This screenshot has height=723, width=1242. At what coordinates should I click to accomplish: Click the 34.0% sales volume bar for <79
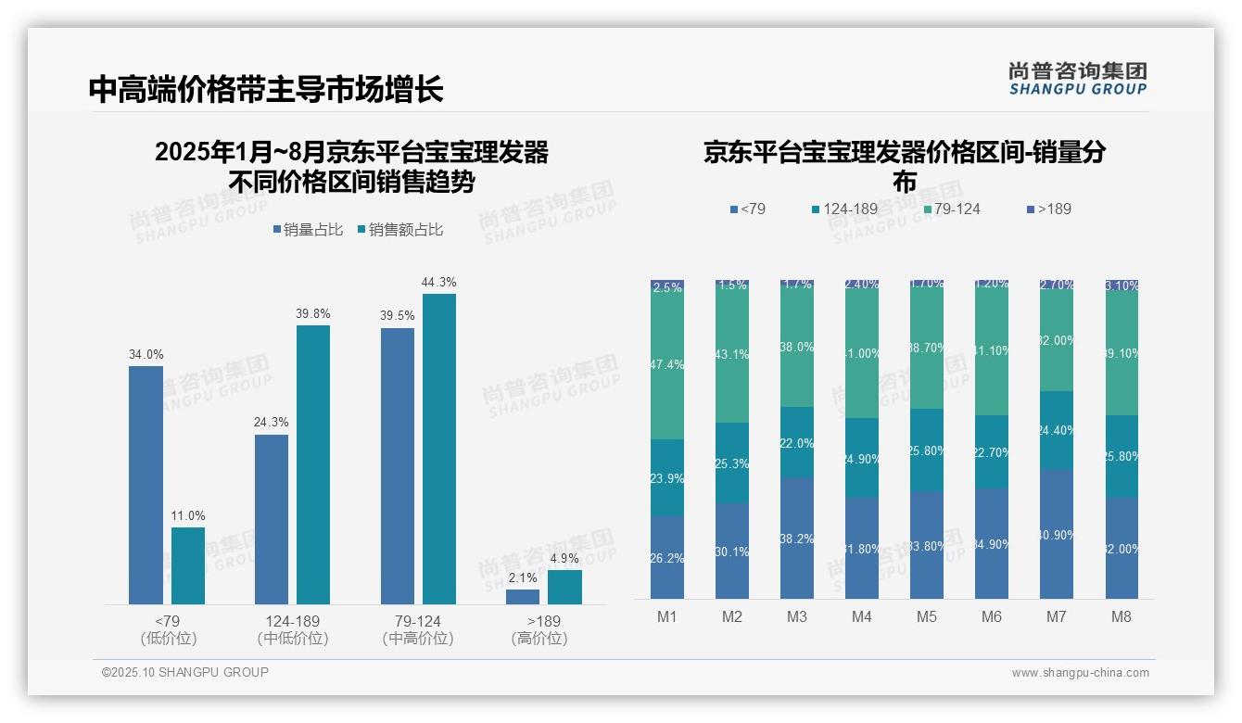146,485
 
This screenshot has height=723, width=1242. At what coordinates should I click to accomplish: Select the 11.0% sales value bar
188,565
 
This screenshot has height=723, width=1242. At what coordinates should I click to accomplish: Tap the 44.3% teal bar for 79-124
439,449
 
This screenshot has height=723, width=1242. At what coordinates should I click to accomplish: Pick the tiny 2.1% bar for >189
523,597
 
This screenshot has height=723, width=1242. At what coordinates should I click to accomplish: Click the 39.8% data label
313,314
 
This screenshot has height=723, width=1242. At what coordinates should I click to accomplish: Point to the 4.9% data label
564,558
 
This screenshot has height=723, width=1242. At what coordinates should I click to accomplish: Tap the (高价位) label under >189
539,638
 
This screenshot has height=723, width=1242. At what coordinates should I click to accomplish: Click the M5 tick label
926,616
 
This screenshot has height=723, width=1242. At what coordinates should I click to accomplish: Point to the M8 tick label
1121,616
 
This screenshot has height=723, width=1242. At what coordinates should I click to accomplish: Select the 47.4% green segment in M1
667,365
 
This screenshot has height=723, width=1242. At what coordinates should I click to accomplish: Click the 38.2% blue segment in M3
797,538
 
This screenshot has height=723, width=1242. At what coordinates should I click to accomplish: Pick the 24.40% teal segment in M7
1057,430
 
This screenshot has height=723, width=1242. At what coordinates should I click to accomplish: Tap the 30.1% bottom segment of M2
732,551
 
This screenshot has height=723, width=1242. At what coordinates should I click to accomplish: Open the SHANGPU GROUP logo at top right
1078,78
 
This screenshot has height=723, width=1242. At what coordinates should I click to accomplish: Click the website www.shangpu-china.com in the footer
1080,673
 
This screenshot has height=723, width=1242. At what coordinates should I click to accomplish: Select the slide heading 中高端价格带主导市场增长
266,89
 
